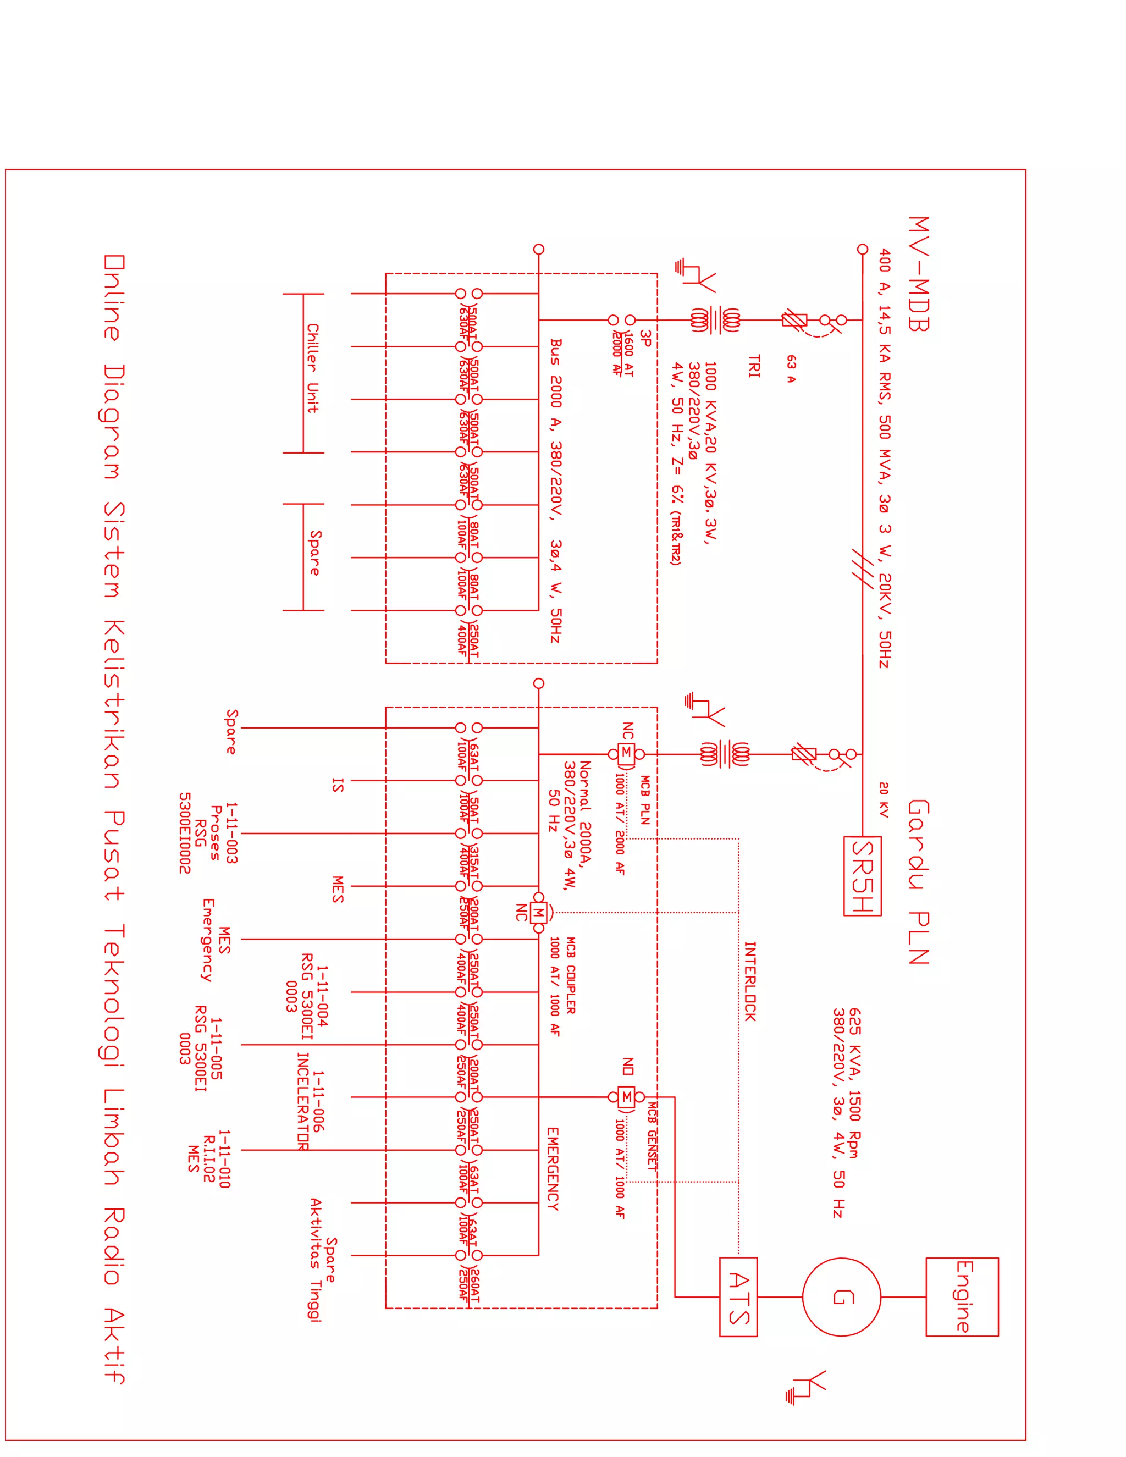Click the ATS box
point(738,1297)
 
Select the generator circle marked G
point(841,1297)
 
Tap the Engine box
point(962,1297)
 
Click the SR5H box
point(862,876)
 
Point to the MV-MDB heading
point(919,273)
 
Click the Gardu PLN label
point(919,882)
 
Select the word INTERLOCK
point(750,981)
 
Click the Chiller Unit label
point(312,368)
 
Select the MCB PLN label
point(645,800)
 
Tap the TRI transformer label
point(754,366)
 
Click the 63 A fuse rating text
point(791,369)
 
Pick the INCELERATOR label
point(302,1101)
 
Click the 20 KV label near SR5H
point(884,800)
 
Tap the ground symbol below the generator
point(807,1388)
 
